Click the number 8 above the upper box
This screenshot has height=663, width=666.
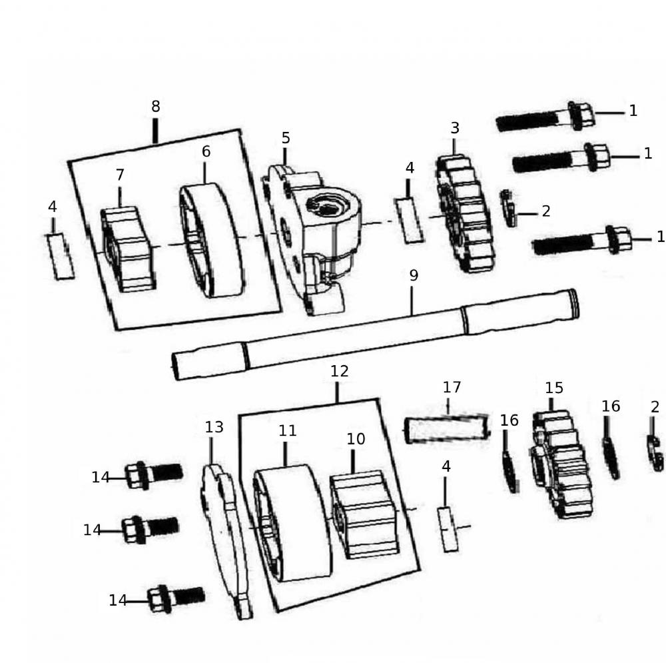pos(155,107)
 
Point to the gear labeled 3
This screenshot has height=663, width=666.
pos(466,213)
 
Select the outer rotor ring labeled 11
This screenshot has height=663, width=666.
pos(292,523)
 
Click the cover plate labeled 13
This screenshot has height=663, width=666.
pos(225,540)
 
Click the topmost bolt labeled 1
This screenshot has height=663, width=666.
pos(546,119)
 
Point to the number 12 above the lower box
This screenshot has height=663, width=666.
pos(340,372)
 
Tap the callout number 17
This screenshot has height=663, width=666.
pos(452,388)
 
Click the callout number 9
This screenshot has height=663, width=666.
pos(414,276)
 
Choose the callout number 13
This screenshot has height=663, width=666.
pos(214,428)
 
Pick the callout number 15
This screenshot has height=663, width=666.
pos(554,388)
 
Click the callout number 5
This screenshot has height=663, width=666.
pos(286,138)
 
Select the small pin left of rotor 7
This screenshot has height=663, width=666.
pos(62,256)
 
